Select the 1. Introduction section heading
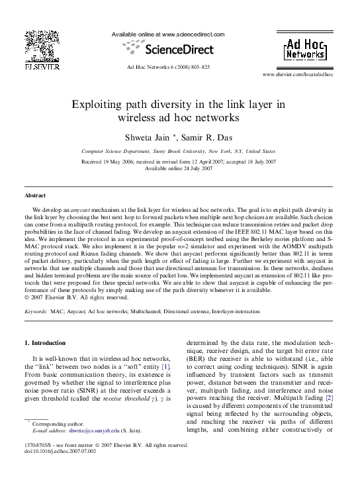click(x=44, y=343)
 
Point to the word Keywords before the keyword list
click(x=35, y=311)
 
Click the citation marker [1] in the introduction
click(x=166, y=366)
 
